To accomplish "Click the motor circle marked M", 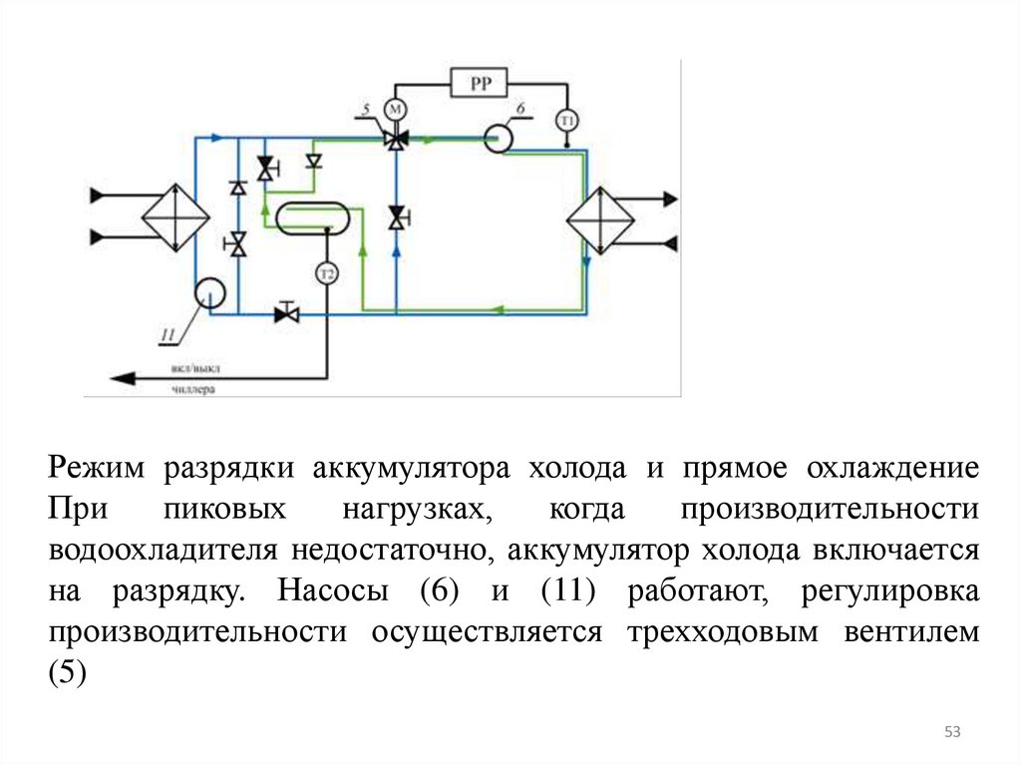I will [x=395, y=109].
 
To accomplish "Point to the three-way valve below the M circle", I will [x=396, y=140].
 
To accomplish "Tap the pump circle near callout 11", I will [x=209, y=292].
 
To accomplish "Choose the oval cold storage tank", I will [x=312, y=217].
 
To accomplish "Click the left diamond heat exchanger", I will [x=174, y=217].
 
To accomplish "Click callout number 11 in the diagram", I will [x=169, y=333].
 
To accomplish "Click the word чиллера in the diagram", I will [x=193, y=390].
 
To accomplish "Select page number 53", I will [x=951, y=733].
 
